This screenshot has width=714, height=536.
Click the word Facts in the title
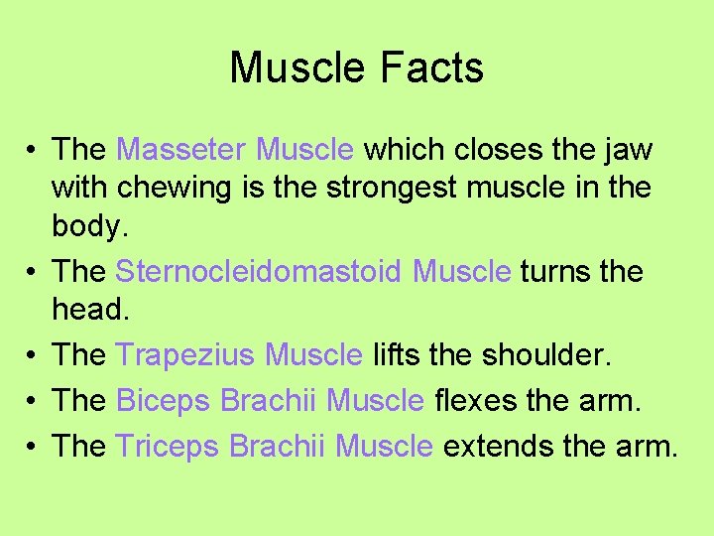[x=433, y=67]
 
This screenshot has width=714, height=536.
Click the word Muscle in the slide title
[x=298, y=67]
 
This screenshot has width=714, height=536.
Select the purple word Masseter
[x=181, y=150]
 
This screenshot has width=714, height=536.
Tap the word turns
[x=556, y=271]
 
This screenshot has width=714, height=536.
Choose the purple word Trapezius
[x=185, y=354]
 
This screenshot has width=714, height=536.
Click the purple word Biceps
[x=164, y=400]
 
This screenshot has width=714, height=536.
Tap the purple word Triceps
[x=168, y=446]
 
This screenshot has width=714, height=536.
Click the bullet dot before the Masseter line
[x=33, y=151]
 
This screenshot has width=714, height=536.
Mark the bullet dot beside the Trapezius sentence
[x=33, y=355]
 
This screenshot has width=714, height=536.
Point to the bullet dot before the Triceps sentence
[x=33, y=447]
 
